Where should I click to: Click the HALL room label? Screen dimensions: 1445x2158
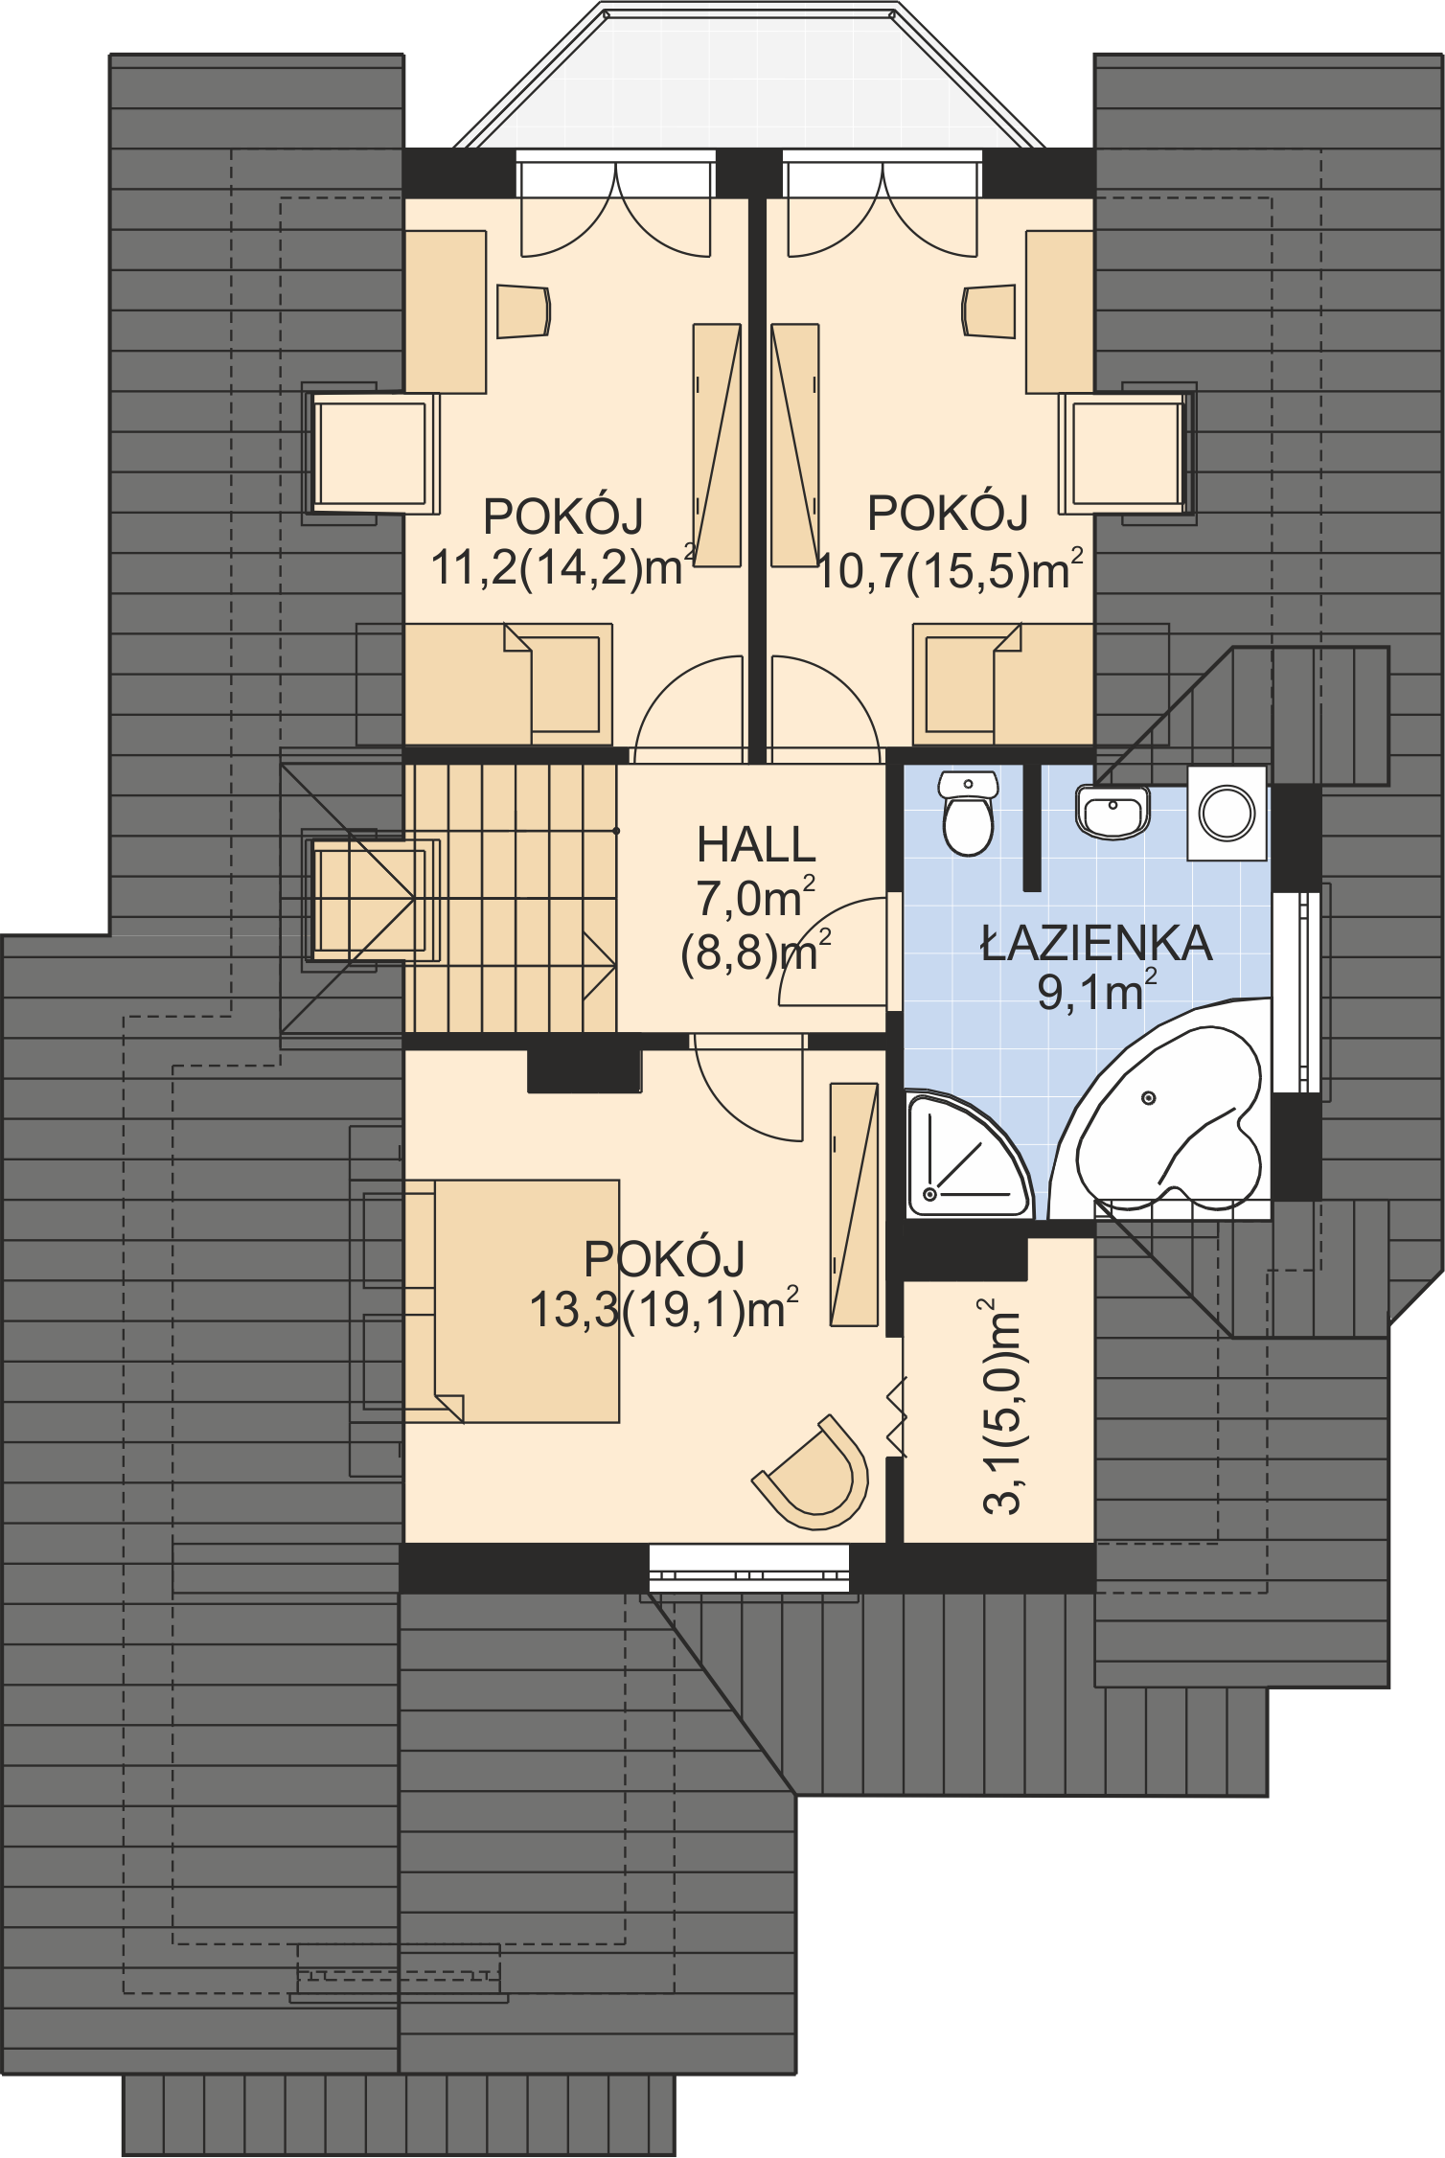tap(756, 844)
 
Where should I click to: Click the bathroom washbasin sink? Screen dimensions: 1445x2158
tap(1112, 811)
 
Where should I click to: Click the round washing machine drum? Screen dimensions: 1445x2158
tap(1227, 813)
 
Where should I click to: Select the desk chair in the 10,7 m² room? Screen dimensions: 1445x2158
tap(989, 310)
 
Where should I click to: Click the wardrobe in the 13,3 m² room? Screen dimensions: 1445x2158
tap(854, 1205)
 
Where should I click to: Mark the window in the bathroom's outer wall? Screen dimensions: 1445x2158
tap(1297, 992)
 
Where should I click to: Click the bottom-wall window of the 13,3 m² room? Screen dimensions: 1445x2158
tap(749, 1568)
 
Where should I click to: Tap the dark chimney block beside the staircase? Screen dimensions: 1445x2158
tap(585, 1070)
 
